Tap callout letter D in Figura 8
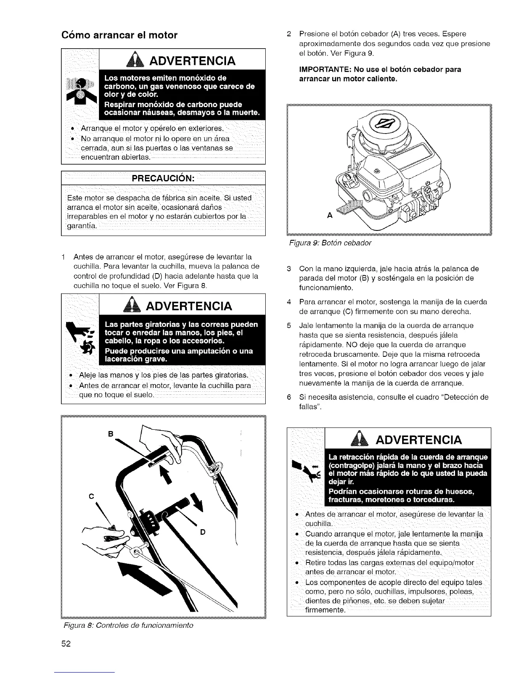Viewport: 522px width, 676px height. (203, 532)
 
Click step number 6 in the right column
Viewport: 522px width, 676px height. (289, 397)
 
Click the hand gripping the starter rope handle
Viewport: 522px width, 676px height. (108, 538)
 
